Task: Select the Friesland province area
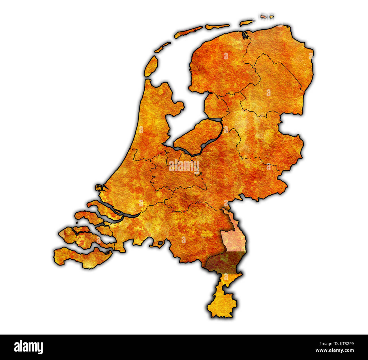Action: click(x=218, y=68)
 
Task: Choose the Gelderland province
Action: click(x=238, y=175)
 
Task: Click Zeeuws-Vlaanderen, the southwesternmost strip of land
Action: click(x=82, y=257)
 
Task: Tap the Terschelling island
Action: click(x=188, y=31)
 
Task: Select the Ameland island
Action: click(x=217, y=27)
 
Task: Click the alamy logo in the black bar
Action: click(x=29, y=347)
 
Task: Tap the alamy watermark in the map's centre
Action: click(x=184, y=166)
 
